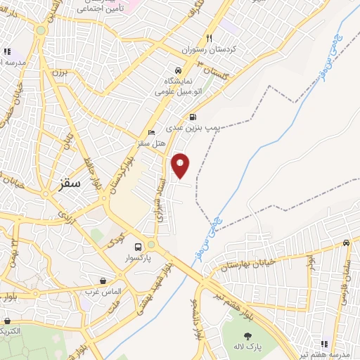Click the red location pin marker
pos(181,165)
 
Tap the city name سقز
pos(67,183)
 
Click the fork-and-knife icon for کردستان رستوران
pos(209,39)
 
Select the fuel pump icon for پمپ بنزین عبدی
pos(192,117)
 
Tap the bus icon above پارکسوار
pos(138,247)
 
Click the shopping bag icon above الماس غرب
pos(103,281)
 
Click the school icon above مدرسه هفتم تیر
pos(324,344)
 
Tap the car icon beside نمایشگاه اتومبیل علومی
pos(179,71)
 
